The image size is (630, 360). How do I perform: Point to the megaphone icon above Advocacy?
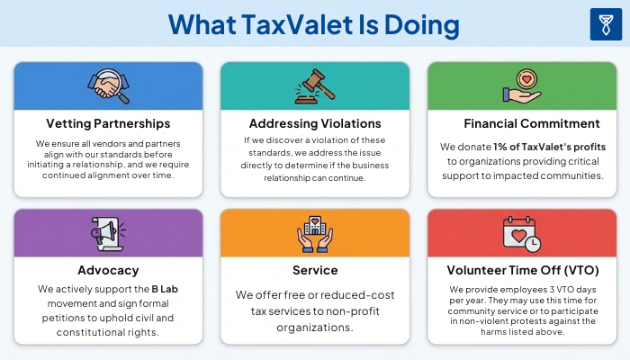coord(108,233)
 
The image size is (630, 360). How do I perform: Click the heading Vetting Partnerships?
coord(108,123)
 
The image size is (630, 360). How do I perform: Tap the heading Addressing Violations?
coord(314,123)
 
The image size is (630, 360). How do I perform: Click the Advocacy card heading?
coord(108,269)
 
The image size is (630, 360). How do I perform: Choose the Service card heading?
coord(314,269)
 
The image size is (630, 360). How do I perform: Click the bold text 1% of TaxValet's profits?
coord(549,147)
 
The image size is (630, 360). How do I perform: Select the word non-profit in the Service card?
coord(339,311)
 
